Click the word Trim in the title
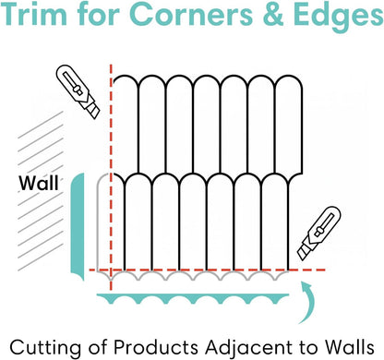(33, 14)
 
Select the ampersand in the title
(272, 14)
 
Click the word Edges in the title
(338, 16)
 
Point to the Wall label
(39, 183)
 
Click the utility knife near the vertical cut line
(78, 91)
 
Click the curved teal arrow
(308, 303)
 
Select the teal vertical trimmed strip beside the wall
(78, 227)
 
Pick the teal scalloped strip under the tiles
(193, 297)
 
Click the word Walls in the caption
(350, 347)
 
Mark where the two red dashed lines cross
(111, 270)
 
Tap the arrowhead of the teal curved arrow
(304, 284)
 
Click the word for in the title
(99, 14)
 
